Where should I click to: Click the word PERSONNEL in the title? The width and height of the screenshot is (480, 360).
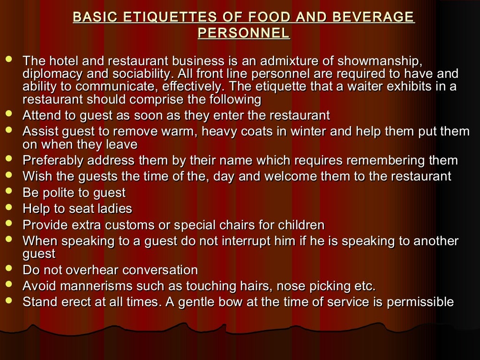click(244, 33)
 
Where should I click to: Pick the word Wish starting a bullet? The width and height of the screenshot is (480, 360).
click(36, 177)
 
